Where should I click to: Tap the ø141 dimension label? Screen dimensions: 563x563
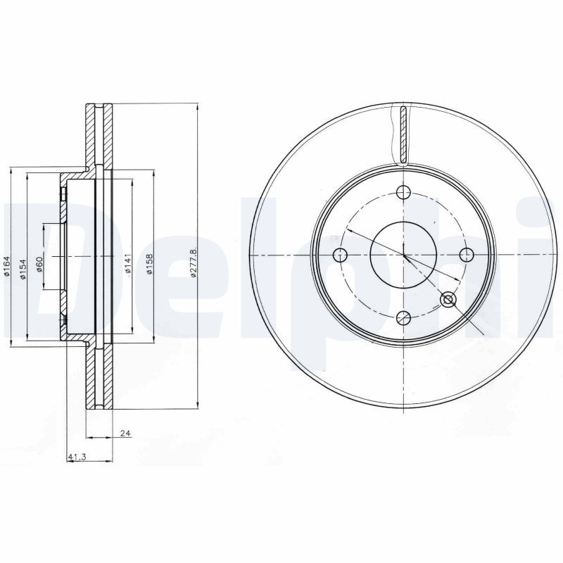click(127, 263)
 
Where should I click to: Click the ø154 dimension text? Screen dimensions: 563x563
click(23, 269)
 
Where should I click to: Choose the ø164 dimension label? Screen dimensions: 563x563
click(7, 269)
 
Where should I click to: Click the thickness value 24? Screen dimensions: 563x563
click(126, 434)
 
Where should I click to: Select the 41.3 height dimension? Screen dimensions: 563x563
click(77, 457)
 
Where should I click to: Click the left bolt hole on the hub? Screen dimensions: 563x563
click(341, 254)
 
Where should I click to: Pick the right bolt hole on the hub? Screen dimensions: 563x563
click(466, 254)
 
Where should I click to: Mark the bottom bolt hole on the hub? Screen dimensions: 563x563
click(404, 317)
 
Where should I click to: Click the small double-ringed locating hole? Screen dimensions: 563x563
click(448, 301)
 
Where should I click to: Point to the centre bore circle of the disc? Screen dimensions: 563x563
click(404, 254)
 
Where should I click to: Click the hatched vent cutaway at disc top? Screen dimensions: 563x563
click(403, 134)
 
